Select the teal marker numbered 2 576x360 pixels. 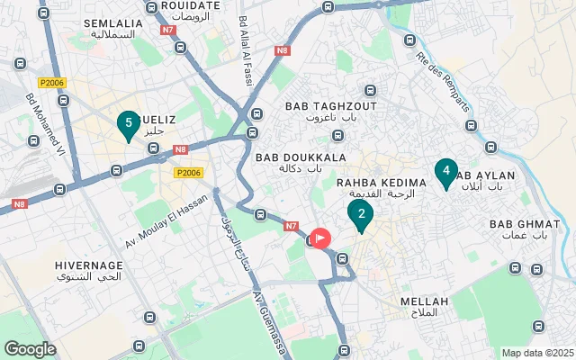pyautogui.click(x=360, y=215)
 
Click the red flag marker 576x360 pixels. pyautogui.click(x=321, y=238)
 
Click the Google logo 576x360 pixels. pyautogui.click(x=30, y=349)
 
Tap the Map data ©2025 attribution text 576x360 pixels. pyautogui.click(x=536, y=353)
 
